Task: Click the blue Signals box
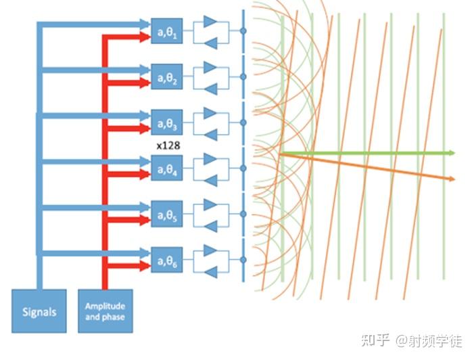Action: (x=40, y=312)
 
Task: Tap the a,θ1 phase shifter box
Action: (x=167, y=31)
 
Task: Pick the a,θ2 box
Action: (x=167, y=76)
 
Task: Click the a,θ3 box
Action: (x=167, y=123)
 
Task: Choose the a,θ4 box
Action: (x=167, y=168)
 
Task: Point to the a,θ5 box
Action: (x=167, y=215)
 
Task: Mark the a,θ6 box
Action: (x=167, y=261)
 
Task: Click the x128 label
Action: (x=167, y=145)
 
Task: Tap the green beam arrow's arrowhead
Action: (x=448, y=153)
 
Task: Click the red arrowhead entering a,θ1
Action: (x=143, y=37)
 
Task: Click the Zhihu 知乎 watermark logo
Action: (x=375, y=340)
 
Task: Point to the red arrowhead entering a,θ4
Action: (x=143, y=175)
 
